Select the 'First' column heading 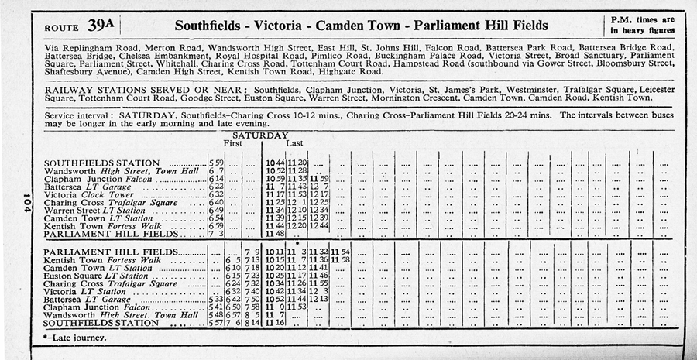[232, 144]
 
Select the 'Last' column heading [295, 144]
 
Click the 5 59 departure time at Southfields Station [216, 162]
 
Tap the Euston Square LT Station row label [96, 276]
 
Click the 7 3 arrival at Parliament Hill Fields [216, 234]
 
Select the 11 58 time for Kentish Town [341, 259]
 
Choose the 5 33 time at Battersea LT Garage [216, 299]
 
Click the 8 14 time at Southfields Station [251, 323]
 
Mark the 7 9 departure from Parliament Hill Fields [251, 252]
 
